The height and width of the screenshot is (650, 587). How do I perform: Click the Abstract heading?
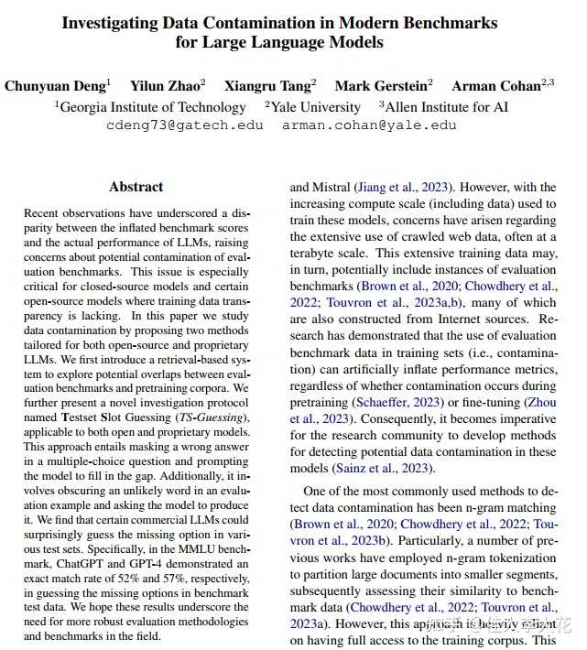click(136, 187)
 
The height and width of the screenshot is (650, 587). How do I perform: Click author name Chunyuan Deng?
click(56, 86)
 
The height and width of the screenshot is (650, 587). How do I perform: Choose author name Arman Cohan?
click(497, 86)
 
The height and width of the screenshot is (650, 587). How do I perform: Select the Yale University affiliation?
click(305, 106)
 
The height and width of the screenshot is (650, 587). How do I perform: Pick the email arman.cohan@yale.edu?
click(368, 125)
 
